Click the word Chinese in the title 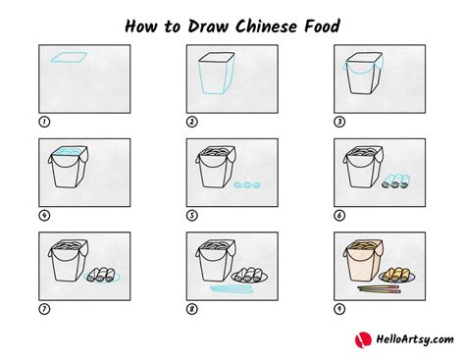266,26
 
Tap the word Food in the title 322,26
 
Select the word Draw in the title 208,26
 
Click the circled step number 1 44,122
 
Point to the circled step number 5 192,216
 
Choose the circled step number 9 339,309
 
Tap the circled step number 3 339,122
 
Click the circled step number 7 44,309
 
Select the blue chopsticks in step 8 232,288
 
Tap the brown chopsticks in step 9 379,288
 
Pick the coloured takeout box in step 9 363,261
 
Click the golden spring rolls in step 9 396,275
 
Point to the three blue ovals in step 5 247,185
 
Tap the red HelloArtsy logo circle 363,340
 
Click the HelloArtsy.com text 415,339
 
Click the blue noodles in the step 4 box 68,151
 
